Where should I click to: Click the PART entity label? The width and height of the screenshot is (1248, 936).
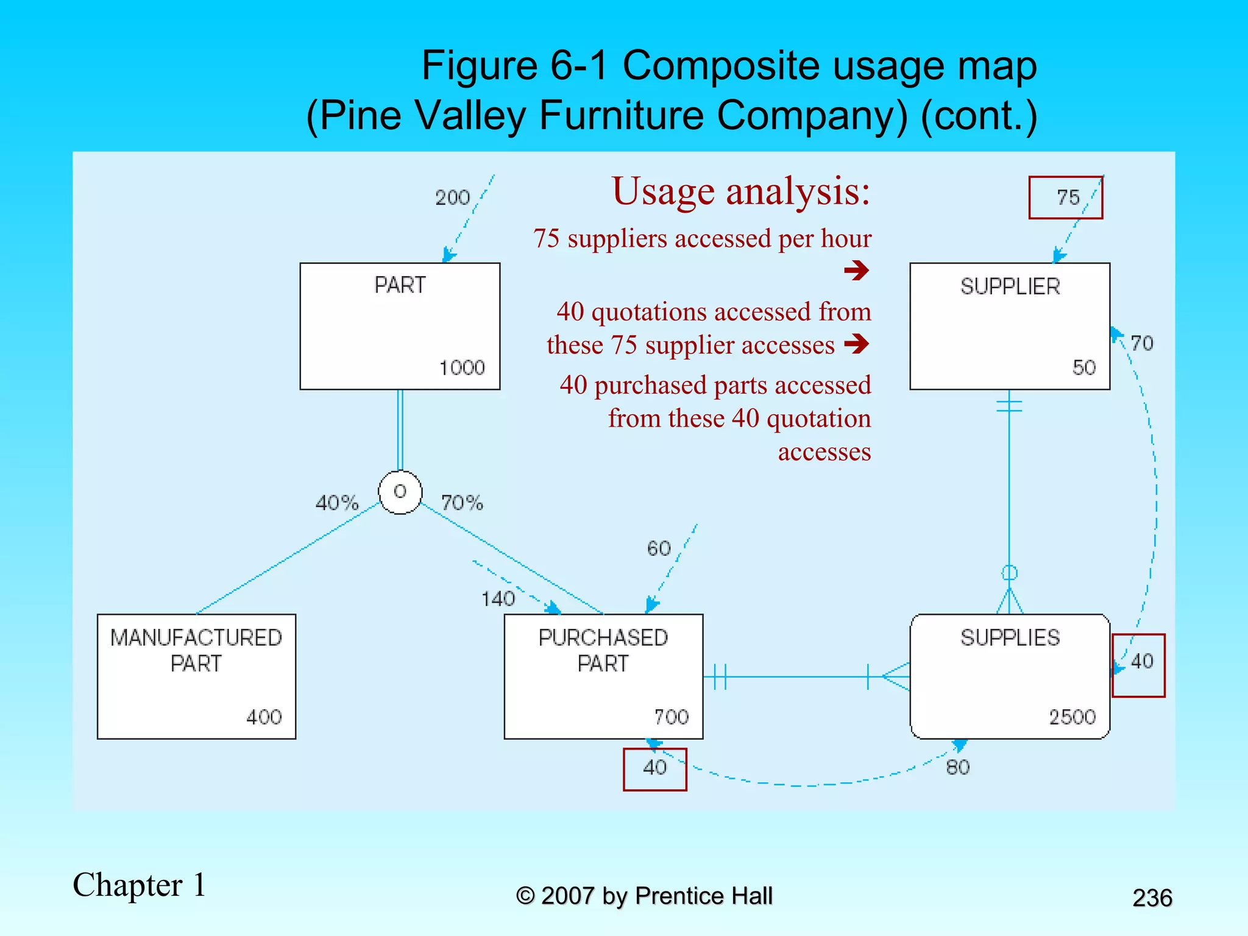point(400,285)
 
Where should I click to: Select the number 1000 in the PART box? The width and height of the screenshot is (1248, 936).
point(462,367)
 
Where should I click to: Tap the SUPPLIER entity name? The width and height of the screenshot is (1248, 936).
point(1010,286)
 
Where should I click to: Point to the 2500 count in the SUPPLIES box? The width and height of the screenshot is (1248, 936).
point(1072,717)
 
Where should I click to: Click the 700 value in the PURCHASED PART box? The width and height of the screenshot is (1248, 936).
point(671,717)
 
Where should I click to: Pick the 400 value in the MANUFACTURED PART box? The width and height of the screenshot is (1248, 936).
point(264,717)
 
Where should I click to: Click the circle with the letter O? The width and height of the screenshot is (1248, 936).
point(400,492)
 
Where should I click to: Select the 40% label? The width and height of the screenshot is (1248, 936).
point(337,503)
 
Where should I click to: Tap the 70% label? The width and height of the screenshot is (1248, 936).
point(462,503)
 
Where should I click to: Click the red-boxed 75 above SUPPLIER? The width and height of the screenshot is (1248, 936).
point(1068,197)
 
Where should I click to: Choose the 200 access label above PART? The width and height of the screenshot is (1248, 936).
point(452,197)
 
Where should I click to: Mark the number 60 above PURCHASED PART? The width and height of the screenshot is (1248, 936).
point(659,548)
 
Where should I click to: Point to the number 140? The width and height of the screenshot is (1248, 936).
point(498,599)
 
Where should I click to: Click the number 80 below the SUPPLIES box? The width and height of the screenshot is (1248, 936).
point(958,767)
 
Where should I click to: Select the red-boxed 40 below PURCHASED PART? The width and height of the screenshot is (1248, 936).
point(655,768)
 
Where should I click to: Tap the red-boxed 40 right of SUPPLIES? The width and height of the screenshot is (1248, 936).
point(1142,661)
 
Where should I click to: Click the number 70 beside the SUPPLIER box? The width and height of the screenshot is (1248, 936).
point(1142,343)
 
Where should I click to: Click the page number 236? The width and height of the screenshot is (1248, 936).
point(1152,898)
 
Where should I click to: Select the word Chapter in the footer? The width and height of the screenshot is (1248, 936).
point(127,885)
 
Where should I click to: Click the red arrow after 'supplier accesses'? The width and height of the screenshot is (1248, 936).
point(857,344)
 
